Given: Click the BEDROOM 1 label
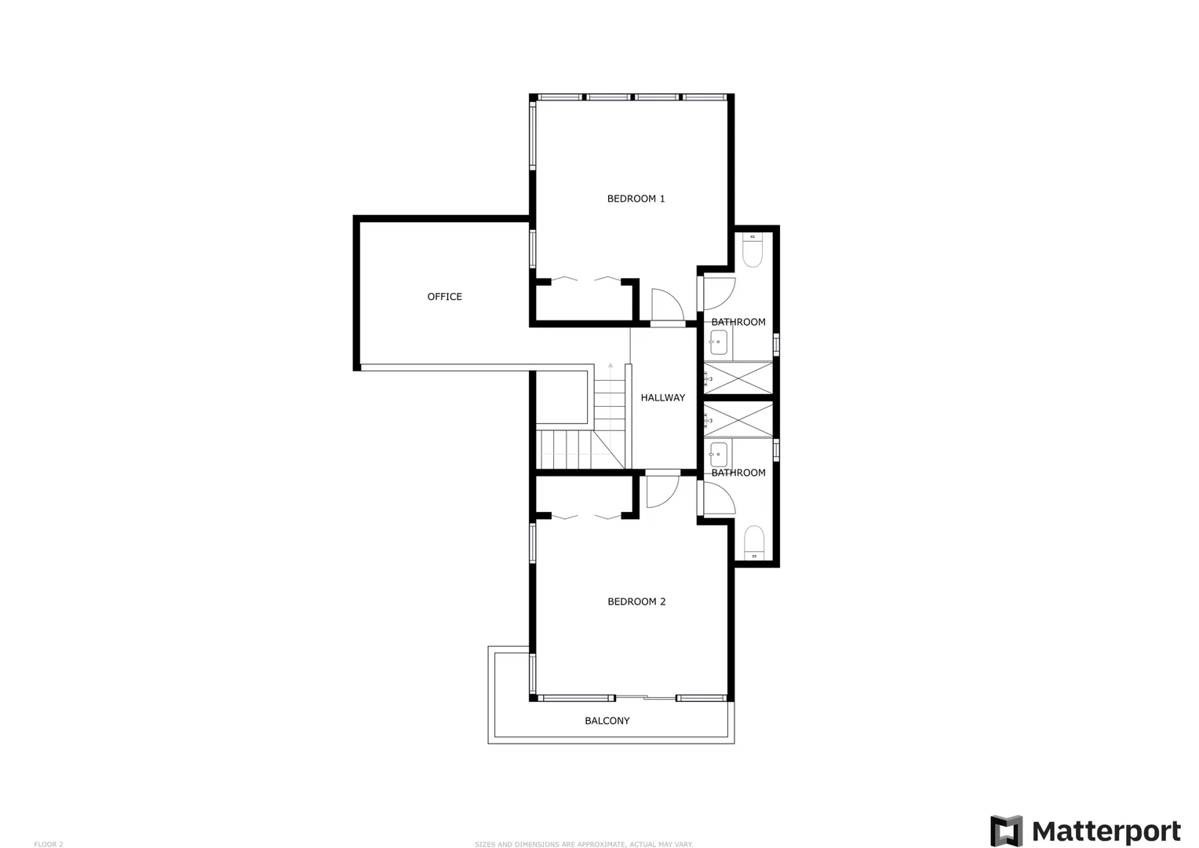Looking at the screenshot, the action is tap(636, 199).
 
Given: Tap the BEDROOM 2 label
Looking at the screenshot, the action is tap(636, 601).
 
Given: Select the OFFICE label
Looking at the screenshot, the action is tap(444, 297).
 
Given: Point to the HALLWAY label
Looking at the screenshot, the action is tap(662, 397).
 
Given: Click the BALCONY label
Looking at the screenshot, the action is tap(607, 721).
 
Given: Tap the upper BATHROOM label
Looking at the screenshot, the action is tap(738, 322).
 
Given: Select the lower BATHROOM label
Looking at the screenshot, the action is tap(738, 473).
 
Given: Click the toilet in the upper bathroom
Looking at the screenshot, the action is tap(753, 250).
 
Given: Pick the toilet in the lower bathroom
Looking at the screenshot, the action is tap(753, 543).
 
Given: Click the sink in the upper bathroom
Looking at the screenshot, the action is tap(718, 342).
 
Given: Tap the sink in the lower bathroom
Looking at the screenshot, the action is tap(718, 455).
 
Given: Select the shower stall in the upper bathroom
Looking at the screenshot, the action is tap(738, 378).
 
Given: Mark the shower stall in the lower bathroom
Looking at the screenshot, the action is tap(738, 421).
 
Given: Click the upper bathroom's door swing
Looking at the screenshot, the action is tap(719, 294).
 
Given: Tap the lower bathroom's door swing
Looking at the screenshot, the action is tap(719, 498).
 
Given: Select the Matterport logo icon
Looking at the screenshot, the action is tap(1006, 831).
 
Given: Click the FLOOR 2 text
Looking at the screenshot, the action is tap(48, 845).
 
